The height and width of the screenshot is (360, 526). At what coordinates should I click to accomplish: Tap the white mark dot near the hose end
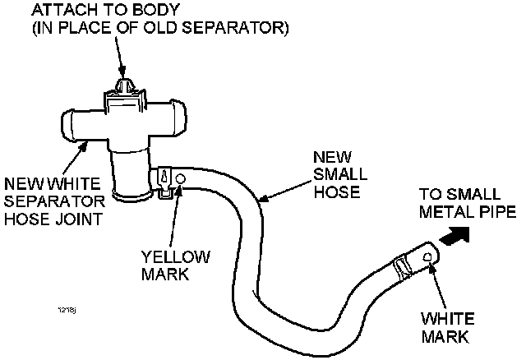[428, 257]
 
